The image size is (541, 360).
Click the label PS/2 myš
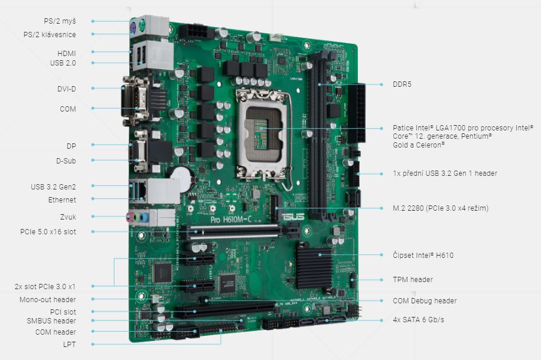(x=60, y=21)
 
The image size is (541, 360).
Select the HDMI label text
(x=67, y=54)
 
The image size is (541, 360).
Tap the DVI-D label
(x=67, y=89)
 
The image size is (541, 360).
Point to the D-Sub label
(x=66, y=161)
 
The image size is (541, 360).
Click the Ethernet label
(x=62, y=199)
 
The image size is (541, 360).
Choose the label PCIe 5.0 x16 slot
(x=48, y=232)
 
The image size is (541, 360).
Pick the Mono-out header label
(x=48, y=300)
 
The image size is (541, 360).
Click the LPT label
(x=69, y=344)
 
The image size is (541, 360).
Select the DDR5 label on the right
(x=402, y=84)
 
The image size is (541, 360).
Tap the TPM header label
(x=413, y=279)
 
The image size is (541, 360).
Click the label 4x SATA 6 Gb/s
(x=418, y=320)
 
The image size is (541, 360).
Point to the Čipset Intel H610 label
(x=423, y=255)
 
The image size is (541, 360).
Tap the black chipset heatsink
(x=314, y=266)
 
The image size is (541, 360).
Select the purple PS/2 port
(x=133, y=29)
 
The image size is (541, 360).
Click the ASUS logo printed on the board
(x=293, y=217)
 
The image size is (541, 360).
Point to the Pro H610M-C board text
(x=231, y=220)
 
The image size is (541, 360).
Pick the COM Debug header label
(x=425, y=301)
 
